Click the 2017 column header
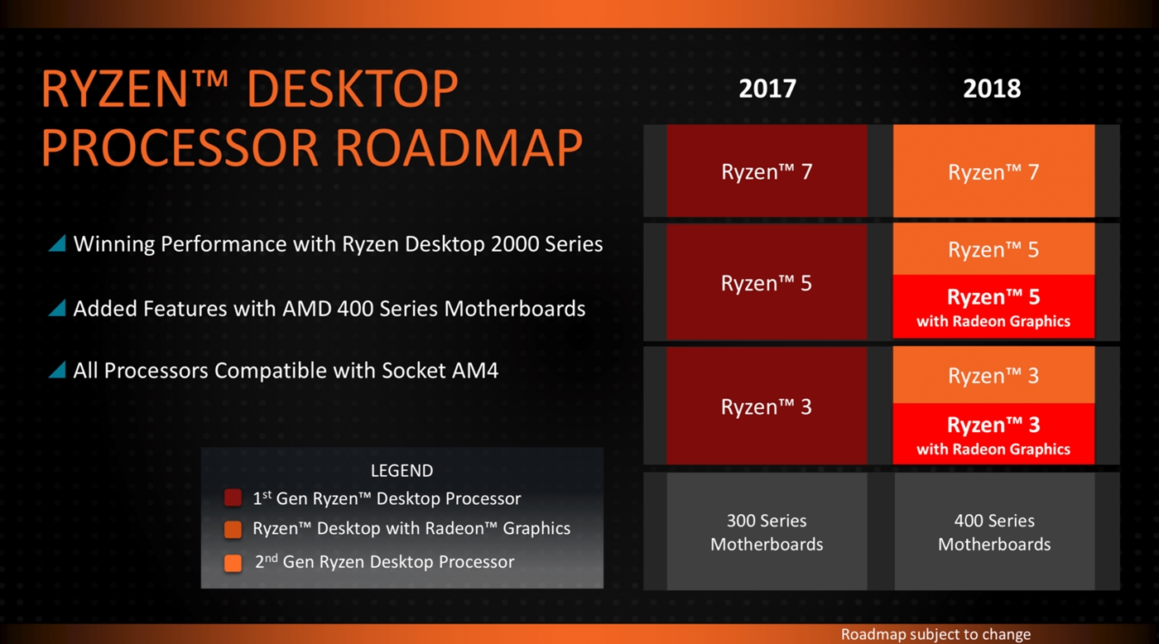[x=767, y=89]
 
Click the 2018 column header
[x=992, y=89]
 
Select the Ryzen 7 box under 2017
[x=767, y=171]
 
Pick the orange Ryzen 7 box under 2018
[x=993, y=171]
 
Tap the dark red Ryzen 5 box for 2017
[x=767, y=282]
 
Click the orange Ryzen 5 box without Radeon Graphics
[x=993, y=249]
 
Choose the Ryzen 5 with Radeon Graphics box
[x=993, y=307]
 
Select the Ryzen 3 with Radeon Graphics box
[x=993, y=434]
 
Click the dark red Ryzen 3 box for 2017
[x=767, y=406]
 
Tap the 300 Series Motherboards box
[x=767, y=531]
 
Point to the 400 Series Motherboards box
[x=994, y=531]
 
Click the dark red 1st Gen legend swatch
[x=233, y=497]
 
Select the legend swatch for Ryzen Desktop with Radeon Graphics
[x=233, y=530]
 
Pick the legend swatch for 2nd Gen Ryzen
[x=233, y=563]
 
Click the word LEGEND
[x=402, y=470]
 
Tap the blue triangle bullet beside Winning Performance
[x=58, y=243]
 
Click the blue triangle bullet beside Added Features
[x=58, y=308]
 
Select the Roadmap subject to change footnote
[x=935, y=634]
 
